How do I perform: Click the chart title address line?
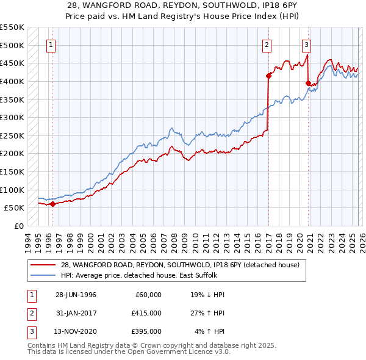coord(183,4)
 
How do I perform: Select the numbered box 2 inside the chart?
coord(267,44)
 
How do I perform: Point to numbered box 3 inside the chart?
coord(306,44)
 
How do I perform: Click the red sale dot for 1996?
coord(52,204)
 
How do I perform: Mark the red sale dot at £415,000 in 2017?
coord(268,76)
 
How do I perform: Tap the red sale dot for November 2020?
coord(308,83)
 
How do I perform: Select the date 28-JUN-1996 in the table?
coord(76,295)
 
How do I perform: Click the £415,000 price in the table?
coord(146,313)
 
